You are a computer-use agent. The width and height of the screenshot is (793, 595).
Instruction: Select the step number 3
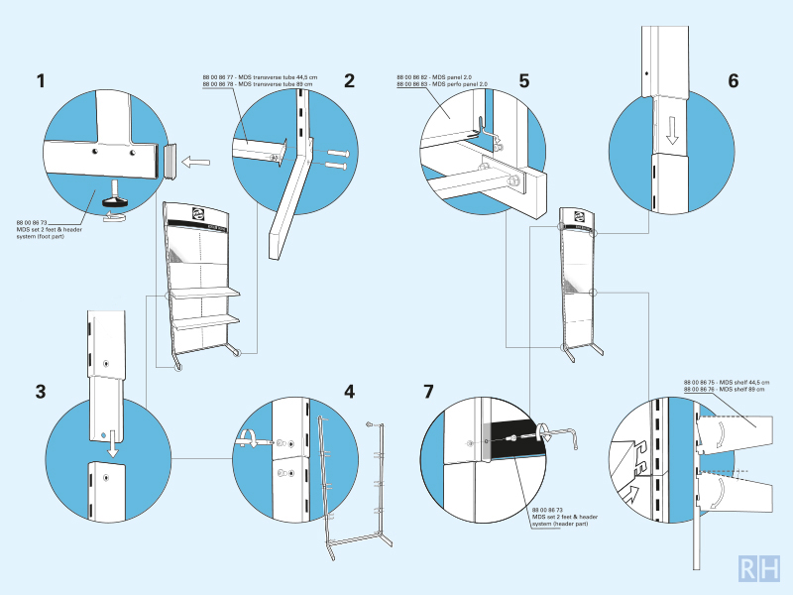[41, 391]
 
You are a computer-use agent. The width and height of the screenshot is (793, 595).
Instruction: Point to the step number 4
[349, 391]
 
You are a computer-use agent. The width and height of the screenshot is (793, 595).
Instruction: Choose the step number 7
[428, 391]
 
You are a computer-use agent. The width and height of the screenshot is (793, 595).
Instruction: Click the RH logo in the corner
[759, 568]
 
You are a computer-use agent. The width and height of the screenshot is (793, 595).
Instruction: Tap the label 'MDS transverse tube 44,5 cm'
[244, 76]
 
